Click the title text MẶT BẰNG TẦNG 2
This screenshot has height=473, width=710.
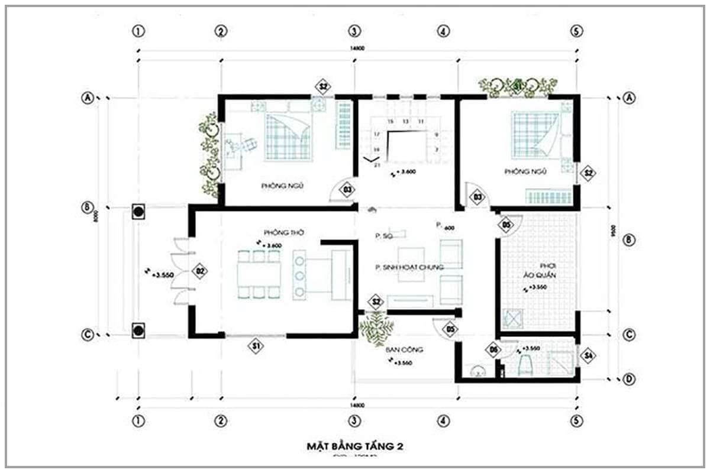pos(354,445)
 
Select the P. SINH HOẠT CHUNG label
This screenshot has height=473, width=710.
pos(409,267)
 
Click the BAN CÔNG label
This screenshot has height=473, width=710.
pos(405,349)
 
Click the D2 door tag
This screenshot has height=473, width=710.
pos(201,271)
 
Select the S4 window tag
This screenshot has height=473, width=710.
pos(587,356)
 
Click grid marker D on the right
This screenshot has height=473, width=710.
pos(629,378)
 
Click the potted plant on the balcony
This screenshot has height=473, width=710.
pos(377,328)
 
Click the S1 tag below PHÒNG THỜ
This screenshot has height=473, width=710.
pos(255,346)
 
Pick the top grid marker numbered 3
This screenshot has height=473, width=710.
pos(354,31)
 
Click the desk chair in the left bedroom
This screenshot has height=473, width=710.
pos(249,145)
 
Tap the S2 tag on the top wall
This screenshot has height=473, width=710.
pos(324,87)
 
